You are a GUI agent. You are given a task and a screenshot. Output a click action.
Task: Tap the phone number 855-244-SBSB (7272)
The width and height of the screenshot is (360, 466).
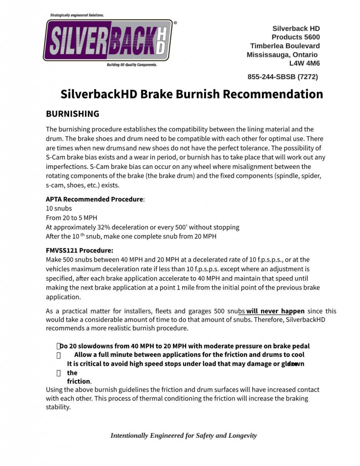point(283,76)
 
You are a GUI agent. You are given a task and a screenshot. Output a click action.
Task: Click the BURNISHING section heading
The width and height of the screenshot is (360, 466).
point(72,114)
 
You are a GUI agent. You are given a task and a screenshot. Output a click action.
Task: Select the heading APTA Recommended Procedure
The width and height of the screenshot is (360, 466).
point(94,199)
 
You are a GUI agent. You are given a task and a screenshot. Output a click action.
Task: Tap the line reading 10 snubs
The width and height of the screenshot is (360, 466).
point(59,208)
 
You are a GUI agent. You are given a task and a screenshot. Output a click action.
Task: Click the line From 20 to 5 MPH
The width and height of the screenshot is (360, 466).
point(71,218)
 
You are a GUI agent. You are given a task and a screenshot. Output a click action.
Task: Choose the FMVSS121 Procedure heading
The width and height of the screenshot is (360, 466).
point(79,250)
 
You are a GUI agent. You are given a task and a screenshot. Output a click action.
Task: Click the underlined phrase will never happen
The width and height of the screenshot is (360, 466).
point(275,311)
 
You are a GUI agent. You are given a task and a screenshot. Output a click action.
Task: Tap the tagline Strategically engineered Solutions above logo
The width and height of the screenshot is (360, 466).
point(77,15)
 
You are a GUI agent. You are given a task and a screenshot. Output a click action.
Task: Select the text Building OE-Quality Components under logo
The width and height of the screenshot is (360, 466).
point(132,65)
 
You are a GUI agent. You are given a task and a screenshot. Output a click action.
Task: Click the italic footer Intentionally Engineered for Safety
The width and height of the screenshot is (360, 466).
point(183,436)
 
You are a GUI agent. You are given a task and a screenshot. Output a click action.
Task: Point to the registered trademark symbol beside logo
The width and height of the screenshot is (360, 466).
point(175,22)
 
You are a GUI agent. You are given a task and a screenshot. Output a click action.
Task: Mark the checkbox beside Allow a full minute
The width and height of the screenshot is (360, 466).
point(58,355)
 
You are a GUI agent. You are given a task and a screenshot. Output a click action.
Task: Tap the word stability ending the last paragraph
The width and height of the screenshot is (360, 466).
point(58,407)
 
